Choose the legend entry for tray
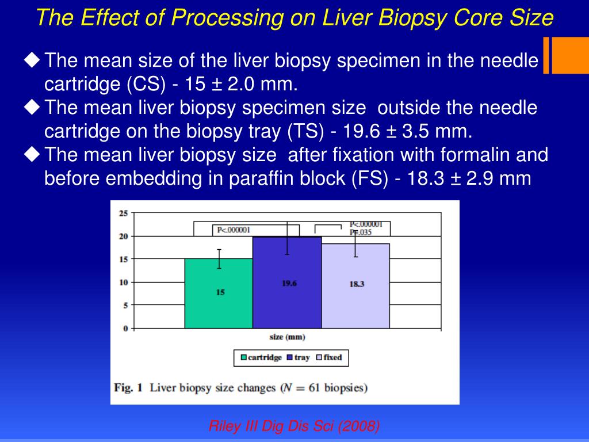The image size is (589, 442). tap(298, 357)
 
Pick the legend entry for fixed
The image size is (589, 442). tap(328, 357)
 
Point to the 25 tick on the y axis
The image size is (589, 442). tap(123, 213)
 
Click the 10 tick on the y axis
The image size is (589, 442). tap(123, 282)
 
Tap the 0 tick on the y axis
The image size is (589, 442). tap(125, 329)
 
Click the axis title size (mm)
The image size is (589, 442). tap(287, 337)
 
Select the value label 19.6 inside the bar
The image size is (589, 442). tap(289, 283)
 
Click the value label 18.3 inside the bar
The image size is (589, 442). tap(357, 284)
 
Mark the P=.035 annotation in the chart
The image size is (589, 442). tap(361, 233)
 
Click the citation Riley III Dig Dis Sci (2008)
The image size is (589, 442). tap(294, 426)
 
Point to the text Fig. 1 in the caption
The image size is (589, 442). tap(128, 387)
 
